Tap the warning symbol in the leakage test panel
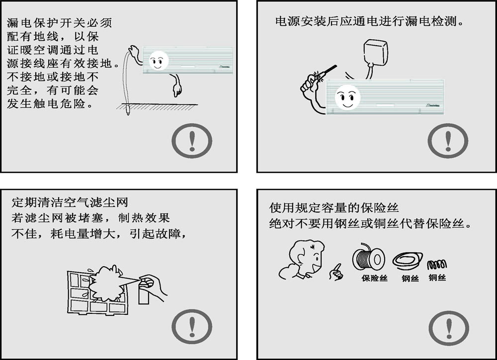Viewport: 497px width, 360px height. pyautogui.click(x=448, y=141)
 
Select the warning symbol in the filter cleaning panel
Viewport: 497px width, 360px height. pyautogui.click(x=192, y=330)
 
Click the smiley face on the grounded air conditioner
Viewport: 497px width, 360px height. pyautogui.click(x=158, y=62)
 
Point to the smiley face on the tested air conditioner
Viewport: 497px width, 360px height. pyautogui.click(x=346, y=97)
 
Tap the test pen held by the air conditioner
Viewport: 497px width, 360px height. pyautogui.click(x=326, y=72)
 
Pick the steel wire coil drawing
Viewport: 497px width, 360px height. pyautogui.click(x=407, y=261)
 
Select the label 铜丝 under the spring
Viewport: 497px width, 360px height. pyautogui.click(x=437, y=278)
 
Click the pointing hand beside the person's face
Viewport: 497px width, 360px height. pyautogui.click(x=336, y=272)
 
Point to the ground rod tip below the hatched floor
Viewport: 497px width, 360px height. pyautogui.click(x=128, y=110)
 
